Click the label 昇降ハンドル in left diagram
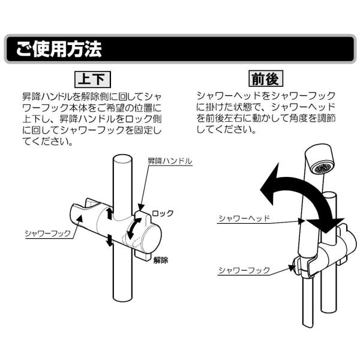coord(170,161)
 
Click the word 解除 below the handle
coord(160,260)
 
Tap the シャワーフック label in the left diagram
coord(47,232)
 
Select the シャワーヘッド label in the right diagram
coord(239,218)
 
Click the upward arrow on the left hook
coord(109,213)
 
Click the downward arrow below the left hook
coord(109,240)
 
